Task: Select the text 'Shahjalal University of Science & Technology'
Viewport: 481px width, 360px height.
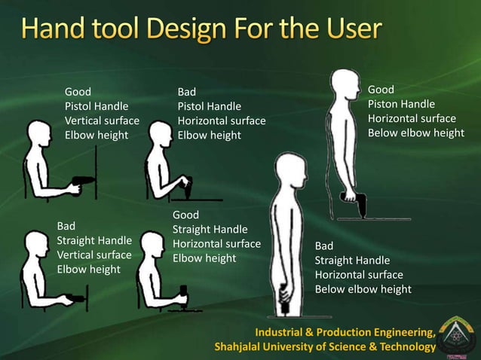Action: click(x=325, y=346)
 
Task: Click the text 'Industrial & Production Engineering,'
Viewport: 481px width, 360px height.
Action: click(x=345, y=332)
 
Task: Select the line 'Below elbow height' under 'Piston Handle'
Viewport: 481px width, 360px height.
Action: click(x=415, y=133)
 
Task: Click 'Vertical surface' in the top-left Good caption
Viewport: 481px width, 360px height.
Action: click(x=102, y=121)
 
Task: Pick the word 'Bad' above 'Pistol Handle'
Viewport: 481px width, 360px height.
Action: click(x=186, y=92)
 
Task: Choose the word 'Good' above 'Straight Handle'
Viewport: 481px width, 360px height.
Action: click(x=185, y=215)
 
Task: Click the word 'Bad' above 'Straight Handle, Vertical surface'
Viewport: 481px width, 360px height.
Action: click(x=66, y=225)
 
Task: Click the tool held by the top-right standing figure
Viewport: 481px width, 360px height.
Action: click(x=356, y=203)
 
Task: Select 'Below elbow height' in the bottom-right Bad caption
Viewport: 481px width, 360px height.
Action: click(x=363, y=289)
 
